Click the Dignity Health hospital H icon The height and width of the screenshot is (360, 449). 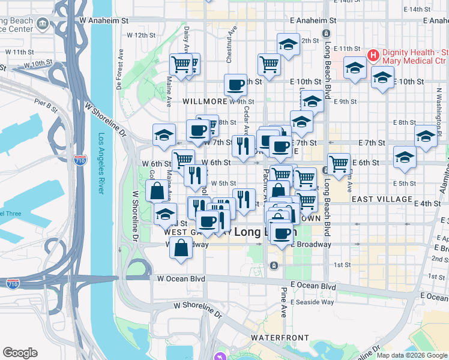click(373, 56)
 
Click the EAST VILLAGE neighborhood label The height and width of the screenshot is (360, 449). click(382, 199)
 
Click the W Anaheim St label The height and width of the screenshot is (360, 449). click(104, 20)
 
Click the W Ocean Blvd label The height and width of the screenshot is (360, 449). click(181, 278)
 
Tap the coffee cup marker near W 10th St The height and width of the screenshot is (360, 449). click(235, 85)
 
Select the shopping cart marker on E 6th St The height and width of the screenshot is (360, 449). click(339, 163)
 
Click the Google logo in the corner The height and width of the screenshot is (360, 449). click(20, 353)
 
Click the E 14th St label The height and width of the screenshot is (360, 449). click(423, 10)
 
